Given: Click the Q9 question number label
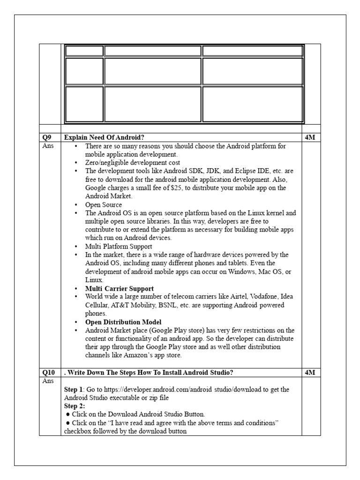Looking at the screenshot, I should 45,137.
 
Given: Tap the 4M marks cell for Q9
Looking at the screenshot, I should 310,137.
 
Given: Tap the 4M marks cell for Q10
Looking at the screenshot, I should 310,373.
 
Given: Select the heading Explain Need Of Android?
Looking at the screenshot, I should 104,137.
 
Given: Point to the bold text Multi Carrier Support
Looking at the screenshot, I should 119,288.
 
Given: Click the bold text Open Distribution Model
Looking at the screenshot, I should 123,322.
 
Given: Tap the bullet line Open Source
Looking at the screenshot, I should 103,205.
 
